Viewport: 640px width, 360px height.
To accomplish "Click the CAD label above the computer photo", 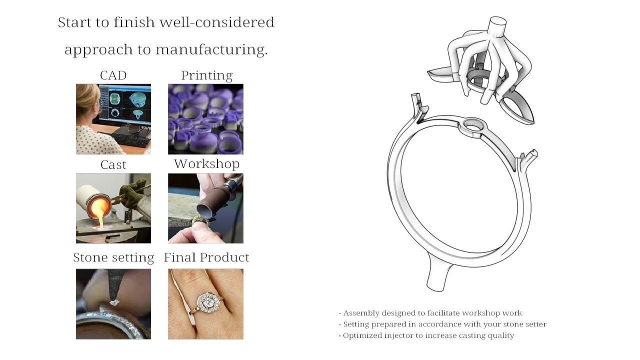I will pyautogui.click(x=113, y=75).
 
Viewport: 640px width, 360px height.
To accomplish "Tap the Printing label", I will pyautogui.click(x=206, y=75).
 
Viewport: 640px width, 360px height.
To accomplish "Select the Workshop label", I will pyautogui.click(x=206, y=164).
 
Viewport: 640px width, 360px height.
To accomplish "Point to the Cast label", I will pyautogui.click(x=113, y=165).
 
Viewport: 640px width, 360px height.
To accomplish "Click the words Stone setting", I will pyautogui.click(x=113, y=257).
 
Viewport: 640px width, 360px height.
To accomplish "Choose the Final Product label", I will pyautogui.click(x=206, y=257).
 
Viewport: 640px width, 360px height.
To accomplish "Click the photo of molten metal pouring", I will pyautogui.click(x=113, y=208).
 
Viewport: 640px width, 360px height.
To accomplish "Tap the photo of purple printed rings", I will pyautogui.click(x=205, y=119).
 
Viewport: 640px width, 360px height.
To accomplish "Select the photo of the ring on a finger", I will pyautogui.click(x=205, y=304).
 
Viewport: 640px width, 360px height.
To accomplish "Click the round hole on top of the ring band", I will pyautogui.click(x=472, y=125).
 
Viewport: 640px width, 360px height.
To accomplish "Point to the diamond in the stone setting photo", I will pyautogui.click(x=114, y=302).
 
